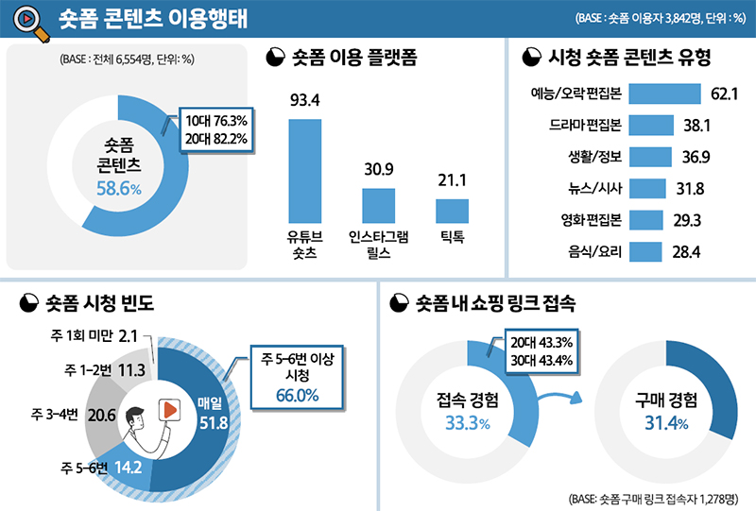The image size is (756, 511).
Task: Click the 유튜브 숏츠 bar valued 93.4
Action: (x=304, y=170)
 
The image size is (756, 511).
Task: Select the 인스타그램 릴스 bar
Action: (x=378, y=205)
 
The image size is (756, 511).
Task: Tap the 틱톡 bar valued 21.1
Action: (x=452, y=211)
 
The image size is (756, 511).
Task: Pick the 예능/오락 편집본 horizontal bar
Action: (x=661, y=94)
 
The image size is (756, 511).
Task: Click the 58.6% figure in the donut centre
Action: (x=118, y=189)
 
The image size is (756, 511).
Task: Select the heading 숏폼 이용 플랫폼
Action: (x=354, y=59)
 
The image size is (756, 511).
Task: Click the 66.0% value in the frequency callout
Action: (x=297, y=396)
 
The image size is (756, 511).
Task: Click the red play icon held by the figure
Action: (x=167, y=410)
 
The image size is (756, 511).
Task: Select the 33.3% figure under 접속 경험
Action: (x=468, y=423)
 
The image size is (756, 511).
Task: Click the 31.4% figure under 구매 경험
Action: (x=665, y=423)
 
